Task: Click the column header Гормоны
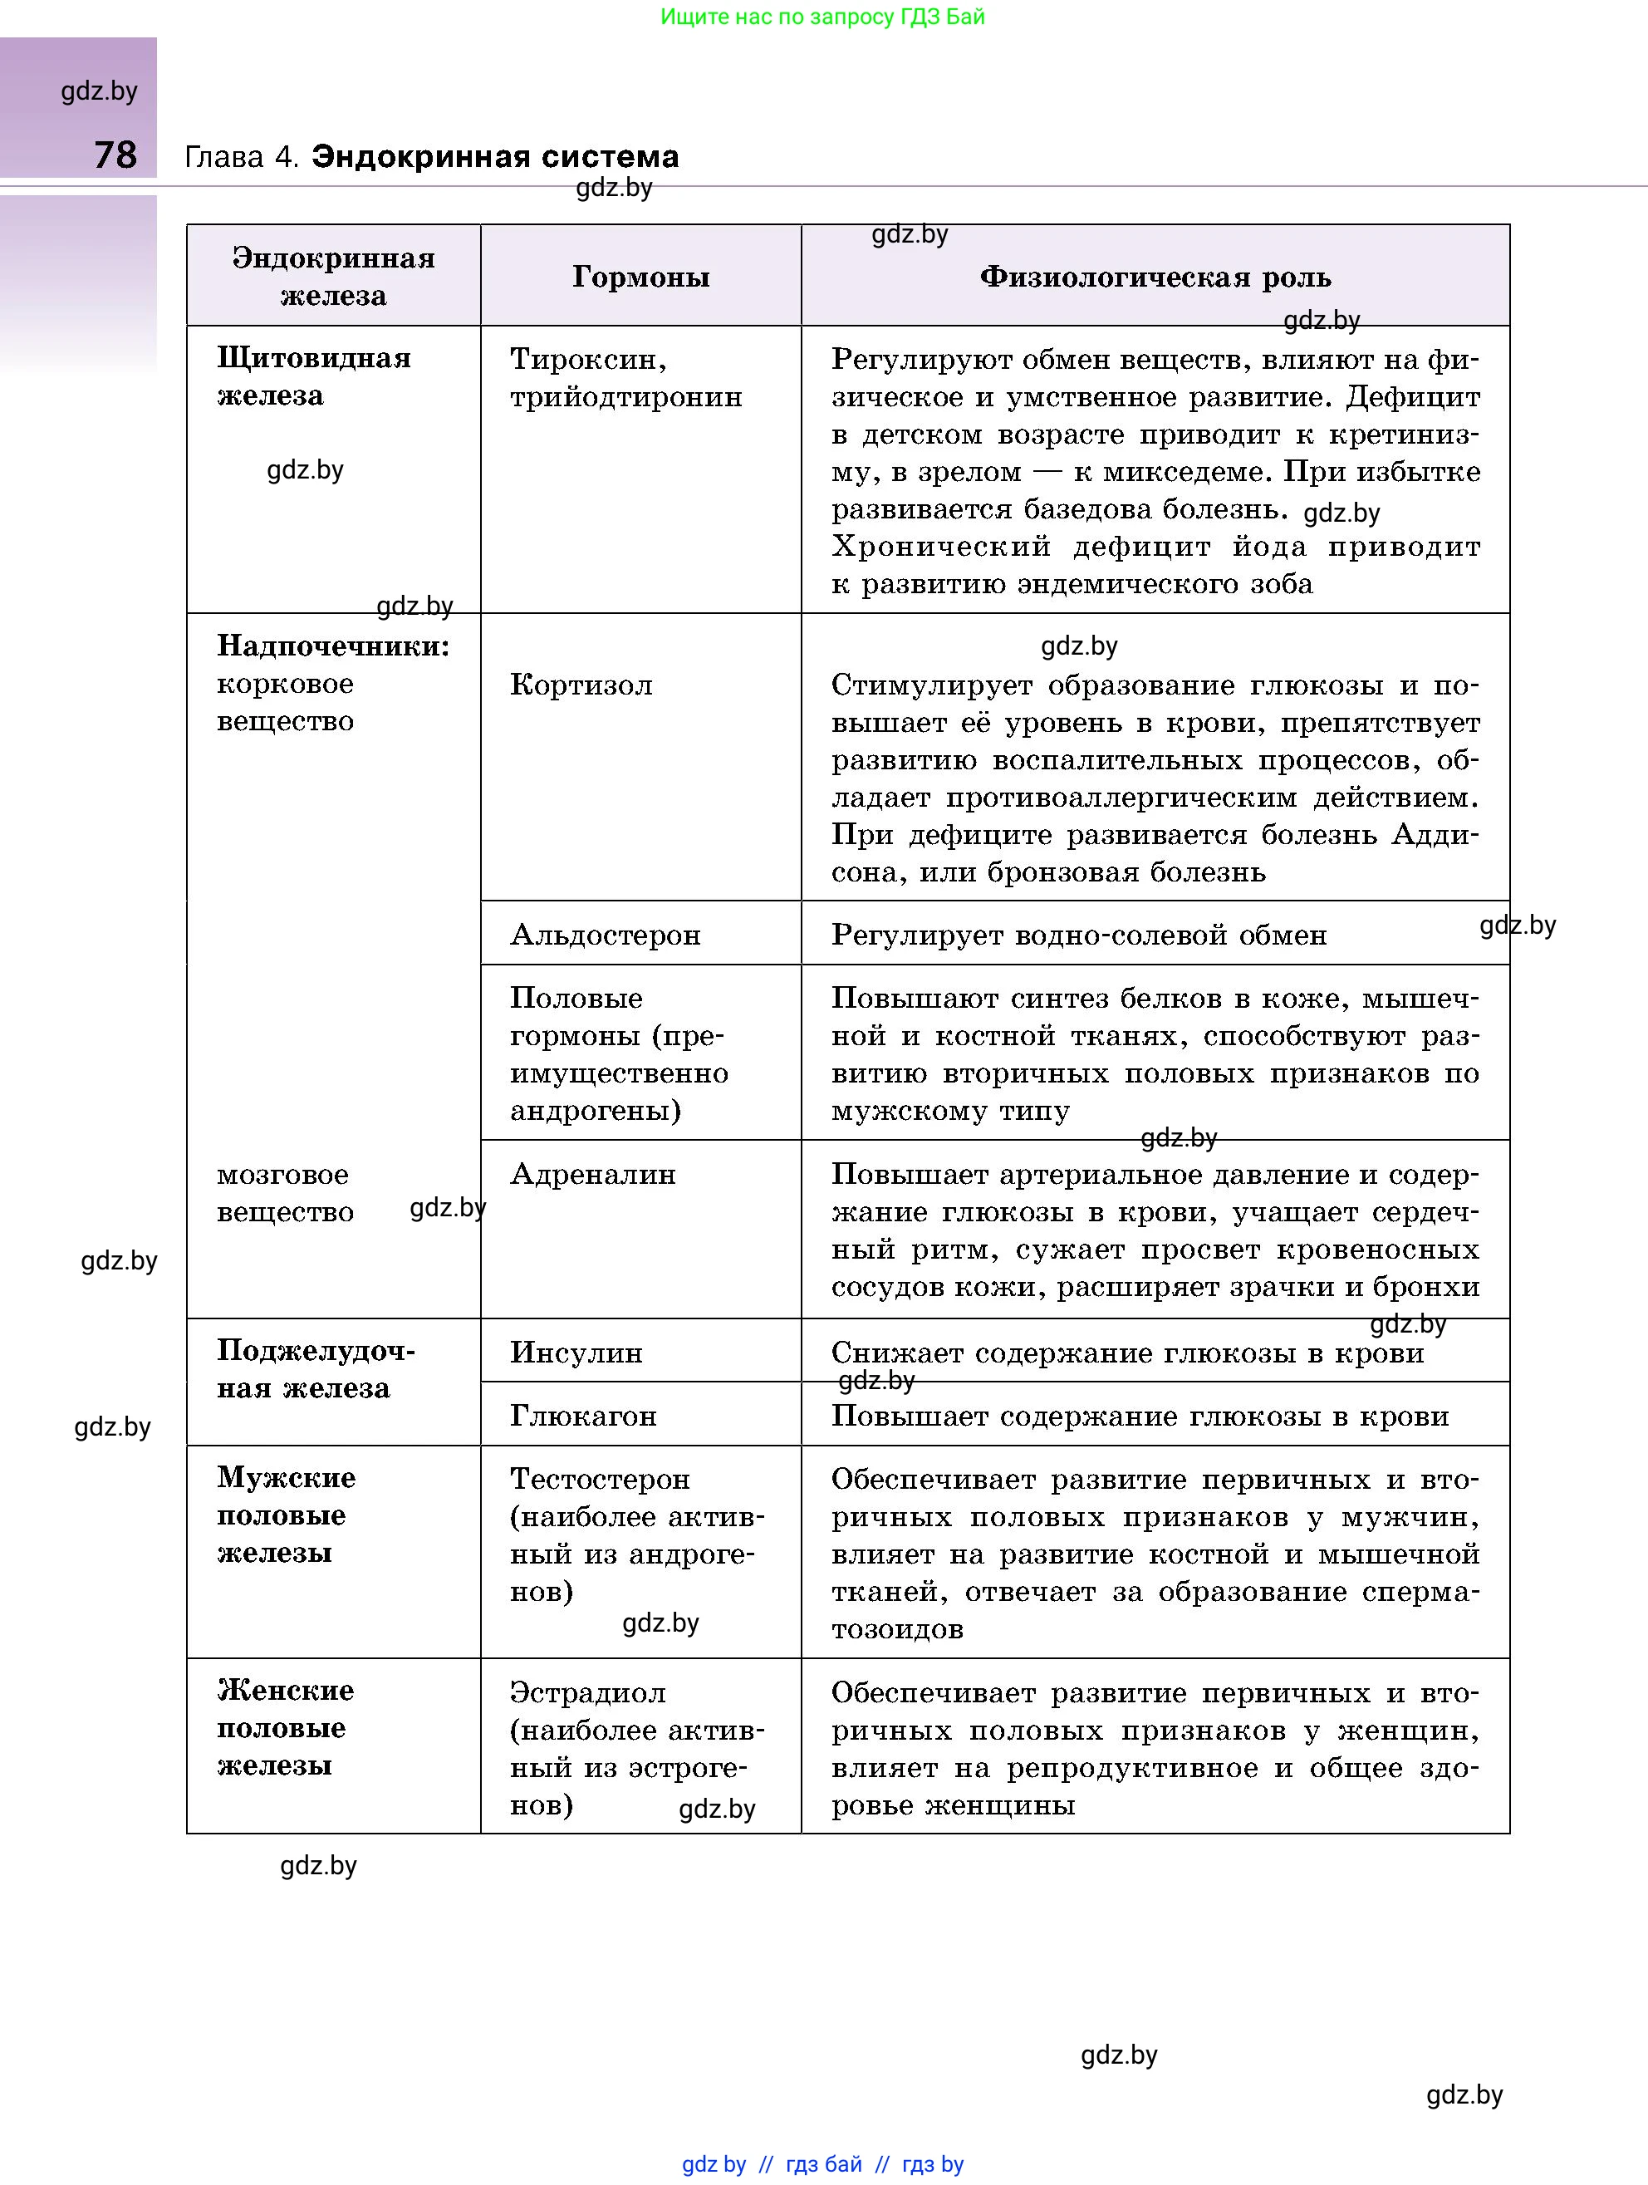tap(640, 277)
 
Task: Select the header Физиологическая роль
tap(1155, 277)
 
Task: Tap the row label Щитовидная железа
tap(313, 376)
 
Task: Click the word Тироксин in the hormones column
tap(587, 359)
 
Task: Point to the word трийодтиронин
tap(626, 396)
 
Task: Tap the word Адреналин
tap(592, 1173)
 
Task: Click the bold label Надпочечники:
tap(333, 645)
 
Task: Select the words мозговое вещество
tap(284, 1192)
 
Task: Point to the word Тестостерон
tap(600, 1479)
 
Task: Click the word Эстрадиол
tap(587, 1692)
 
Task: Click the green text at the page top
tap(822, 17)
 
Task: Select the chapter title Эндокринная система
tap(495, 156)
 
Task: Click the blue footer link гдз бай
tap(823, 2164)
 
